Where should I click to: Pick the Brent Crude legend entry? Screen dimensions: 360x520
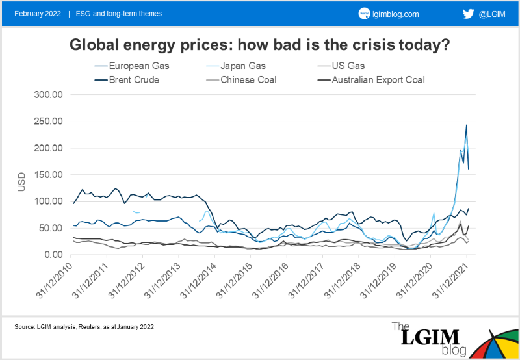[134, 81]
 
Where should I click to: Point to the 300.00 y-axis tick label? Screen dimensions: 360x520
[48, 95]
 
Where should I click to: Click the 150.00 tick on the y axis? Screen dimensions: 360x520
[48, 175]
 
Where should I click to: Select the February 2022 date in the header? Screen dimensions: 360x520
[37, 14]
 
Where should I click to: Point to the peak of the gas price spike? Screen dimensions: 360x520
[466, 125]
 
